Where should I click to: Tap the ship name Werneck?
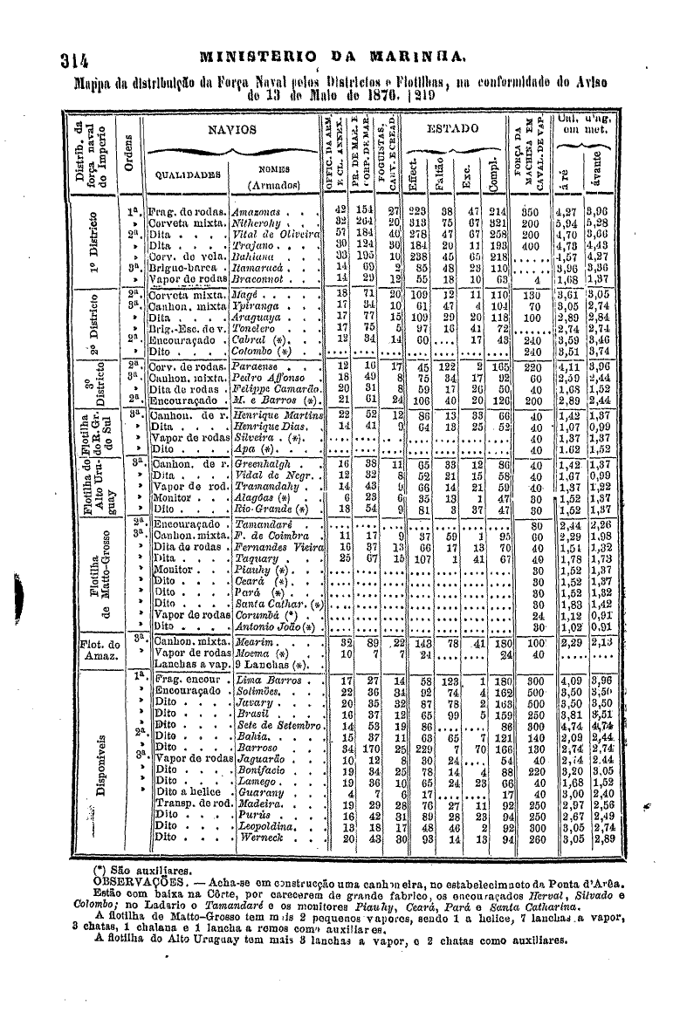pyautogui.click(x=258, y=838)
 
